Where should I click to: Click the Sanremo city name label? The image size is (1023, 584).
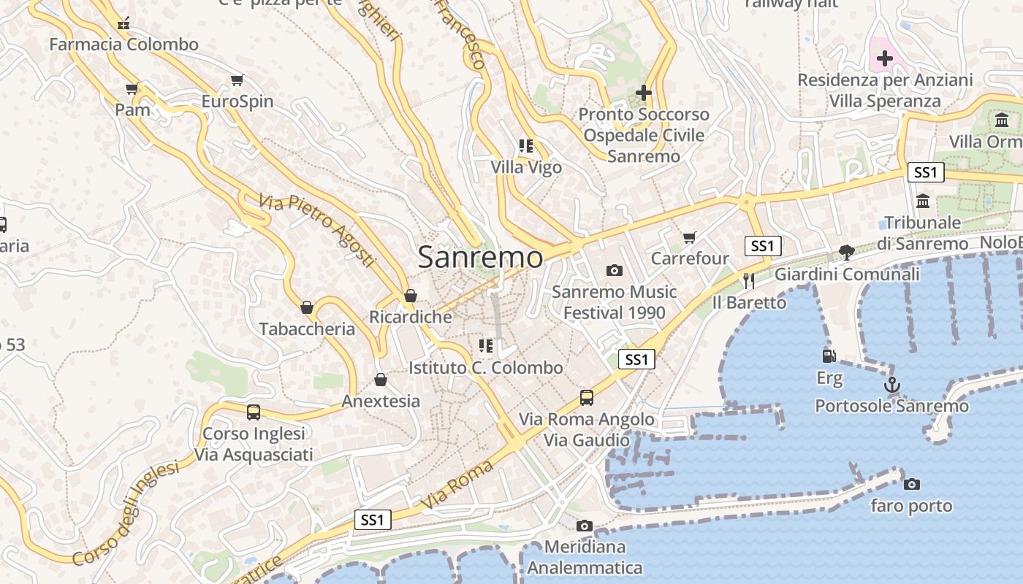[481, 257]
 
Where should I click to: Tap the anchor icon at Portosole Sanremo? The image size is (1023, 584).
[891, 385]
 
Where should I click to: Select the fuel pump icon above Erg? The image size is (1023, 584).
[829, 356]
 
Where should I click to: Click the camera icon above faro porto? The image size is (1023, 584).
[911, 484]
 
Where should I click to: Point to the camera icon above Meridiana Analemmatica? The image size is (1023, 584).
[584, 526]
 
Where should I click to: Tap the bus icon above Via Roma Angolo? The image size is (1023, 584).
[587, 398]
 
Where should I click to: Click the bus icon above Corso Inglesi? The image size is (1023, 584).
[254, 412]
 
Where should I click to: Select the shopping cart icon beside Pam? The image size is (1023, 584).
[132, 89]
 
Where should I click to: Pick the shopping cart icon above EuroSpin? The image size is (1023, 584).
[237, 80]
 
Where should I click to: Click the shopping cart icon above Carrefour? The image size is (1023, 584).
[689, 237]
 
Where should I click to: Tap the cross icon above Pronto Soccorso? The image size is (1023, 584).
[643, 93]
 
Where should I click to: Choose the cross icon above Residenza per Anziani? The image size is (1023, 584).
[885, 58]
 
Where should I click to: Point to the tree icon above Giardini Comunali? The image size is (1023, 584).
[847, 253]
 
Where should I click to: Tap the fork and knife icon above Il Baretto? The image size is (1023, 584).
[748, 280]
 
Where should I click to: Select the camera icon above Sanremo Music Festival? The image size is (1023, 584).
[615, 270]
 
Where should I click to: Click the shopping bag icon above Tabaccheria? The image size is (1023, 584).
[307, 307]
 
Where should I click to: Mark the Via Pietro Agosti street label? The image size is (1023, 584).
[317, 229]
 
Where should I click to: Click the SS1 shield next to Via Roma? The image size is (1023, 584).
[373, 520]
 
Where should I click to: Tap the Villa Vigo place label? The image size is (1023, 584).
[526, 167]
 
